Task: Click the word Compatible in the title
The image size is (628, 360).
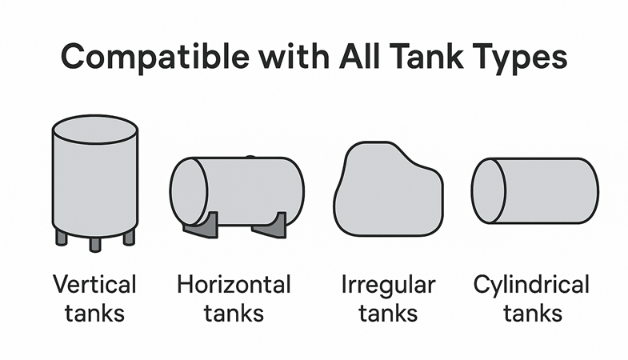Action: (x=155, y=58)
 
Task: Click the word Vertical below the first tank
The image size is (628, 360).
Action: (x=94, y=284)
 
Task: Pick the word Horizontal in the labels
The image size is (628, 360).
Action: (x=234, y=284)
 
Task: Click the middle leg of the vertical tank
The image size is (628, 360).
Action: (x=95, y=244)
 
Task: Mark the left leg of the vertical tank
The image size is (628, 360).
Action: (x=62, y=238)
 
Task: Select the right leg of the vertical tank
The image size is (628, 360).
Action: (x=129, y=238)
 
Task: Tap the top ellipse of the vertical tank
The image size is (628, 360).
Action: (x=95, y=130)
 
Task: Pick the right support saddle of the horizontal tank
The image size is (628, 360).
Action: (x=271, y=227)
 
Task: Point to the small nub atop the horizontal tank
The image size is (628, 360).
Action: (x=250, y=157)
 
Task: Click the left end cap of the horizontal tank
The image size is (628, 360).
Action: (x=189, y=191)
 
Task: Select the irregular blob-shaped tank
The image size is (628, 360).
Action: (x=388, y=189)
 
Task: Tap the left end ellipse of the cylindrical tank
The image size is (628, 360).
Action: (x=488, y=190)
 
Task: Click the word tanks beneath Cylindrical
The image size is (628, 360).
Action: (x=533, y=313)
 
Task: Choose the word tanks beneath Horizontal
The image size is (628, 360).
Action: (x=234, y=313)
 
